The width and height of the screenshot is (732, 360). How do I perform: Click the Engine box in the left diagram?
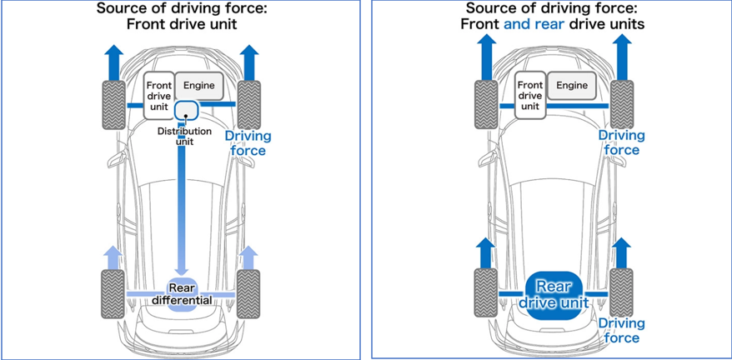point(199,86)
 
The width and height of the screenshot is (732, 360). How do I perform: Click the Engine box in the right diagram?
point(572,86)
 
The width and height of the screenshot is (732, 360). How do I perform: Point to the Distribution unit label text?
point(184,137)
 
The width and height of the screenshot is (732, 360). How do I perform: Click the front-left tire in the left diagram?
point(114,103)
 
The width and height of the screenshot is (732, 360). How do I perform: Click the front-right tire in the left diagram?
point(248,103)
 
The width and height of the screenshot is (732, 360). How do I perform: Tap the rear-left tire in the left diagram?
point(114,292)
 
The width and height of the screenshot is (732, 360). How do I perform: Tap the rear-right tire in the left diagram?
point(248,292)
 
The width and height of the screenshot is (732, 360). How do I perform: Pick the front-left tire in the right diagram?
point(487,103)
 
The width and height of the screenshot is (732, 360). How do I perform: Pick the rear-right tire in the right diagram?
point(621,292)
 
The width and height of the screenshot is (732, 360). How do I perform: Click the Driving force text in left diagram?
point(248,143)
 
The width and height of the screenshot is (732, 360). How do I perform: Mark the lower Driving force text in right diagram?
point(621,330)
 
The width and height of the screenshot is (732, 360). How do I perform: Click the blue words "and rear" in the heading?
point(534,24)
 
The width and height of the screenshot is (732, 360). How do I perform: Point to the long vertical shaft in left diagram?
point(181,208)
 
